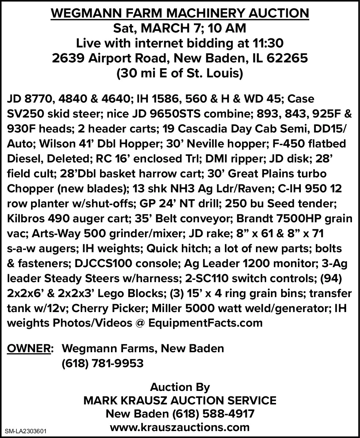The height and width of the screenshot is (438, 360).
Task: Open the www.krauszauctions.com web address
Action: (x=180, y=427)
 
